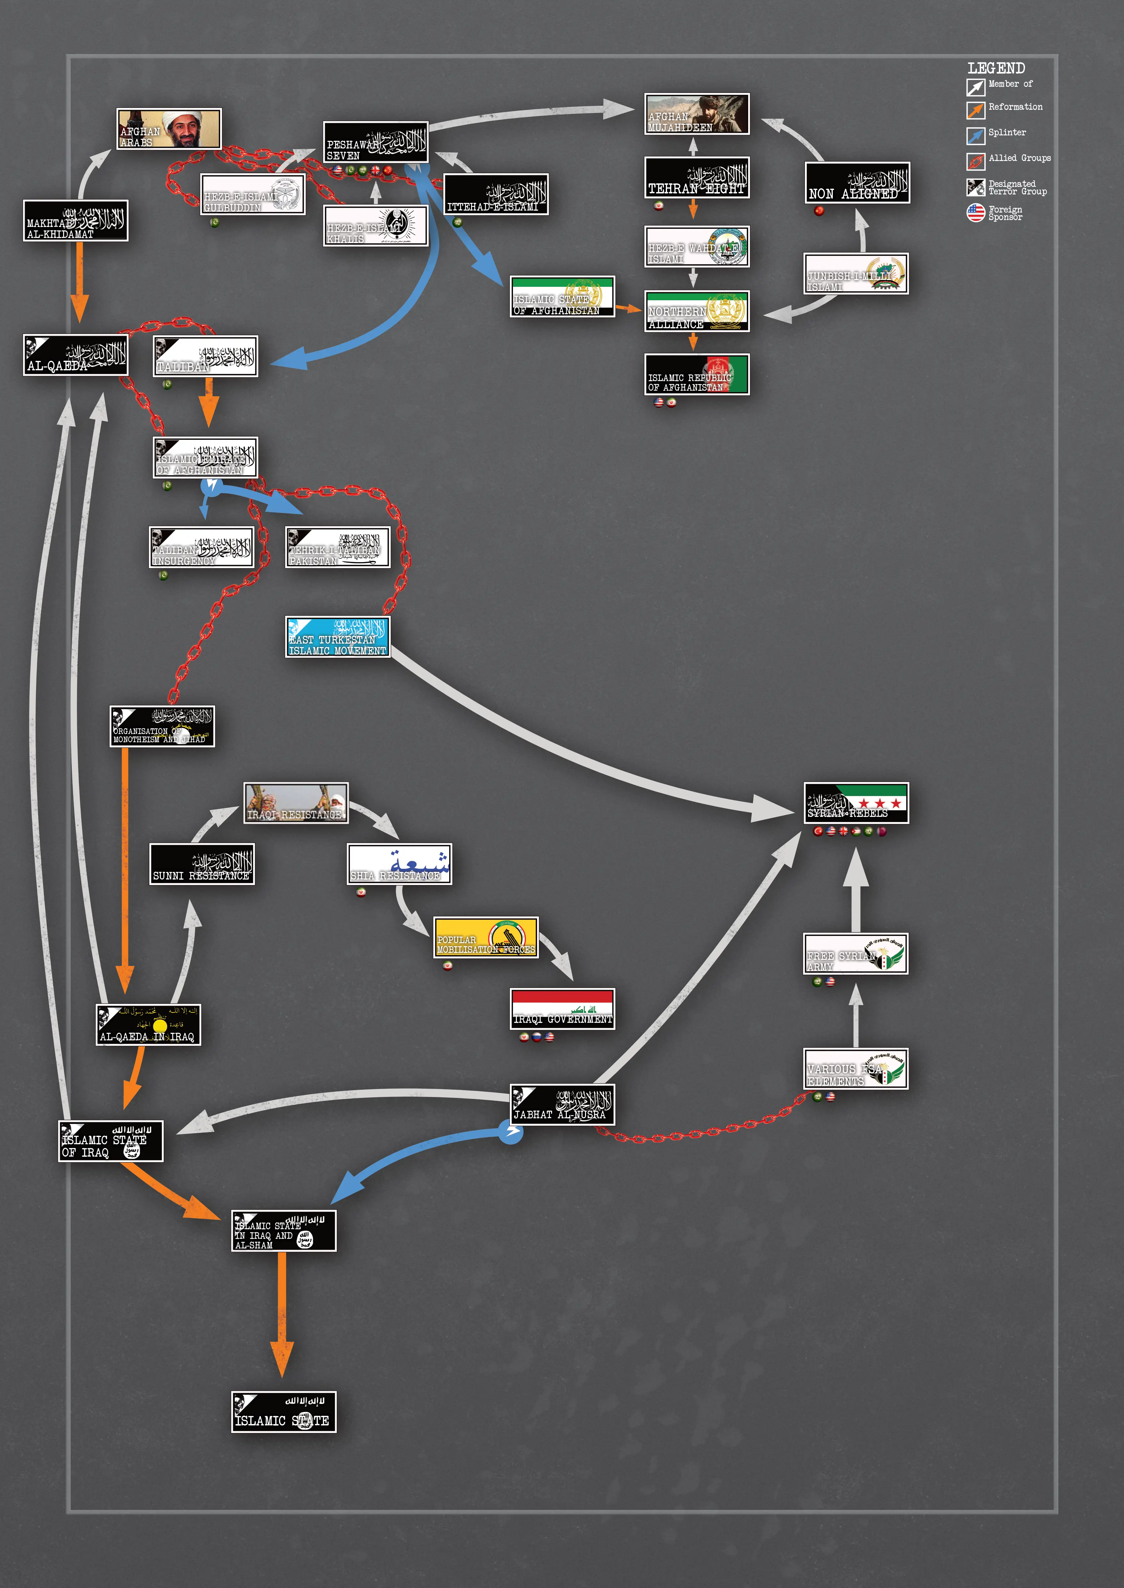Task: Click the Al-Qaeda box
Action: (75, 356)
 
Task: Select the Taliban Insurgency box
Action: (202, 547)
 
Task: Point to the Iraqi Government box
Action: (562, 1009)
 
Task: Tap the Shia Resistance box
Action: (399, 864)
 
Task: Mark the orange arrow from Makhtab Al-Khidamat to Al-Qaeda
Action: (79, 280)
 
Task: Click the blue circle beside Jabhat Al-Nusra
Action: (511, 1132)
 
